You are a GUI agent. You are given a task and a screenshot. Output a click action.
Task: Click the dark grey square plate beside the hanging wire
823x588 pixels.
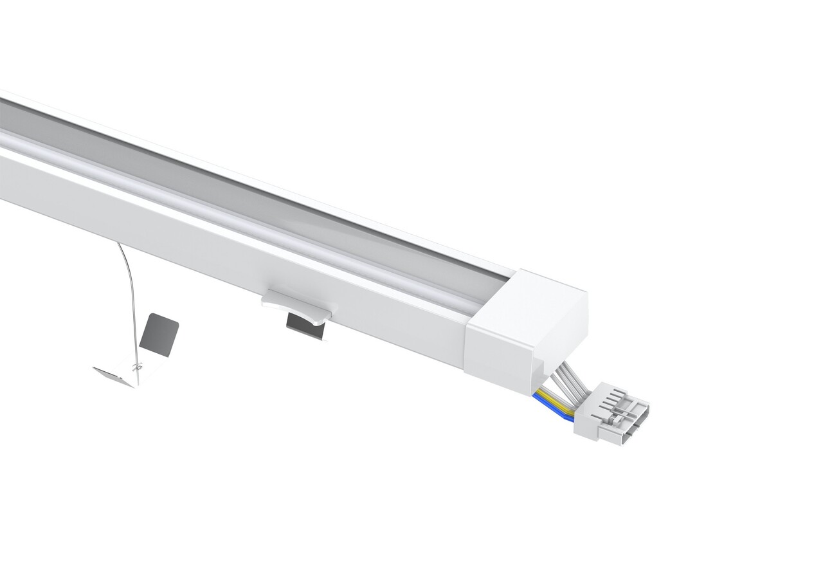(158, 335)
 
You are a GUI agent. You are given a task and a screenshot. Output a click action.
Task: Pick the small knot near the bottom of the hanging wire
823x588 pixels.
(135, 367)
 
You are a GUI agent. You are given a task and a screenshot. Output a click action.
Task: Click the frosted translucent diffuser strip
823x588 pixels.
(257, 212)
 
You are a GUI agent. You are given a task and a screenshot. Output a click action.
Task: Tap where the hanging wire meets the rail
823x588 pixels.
(118, 244)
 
